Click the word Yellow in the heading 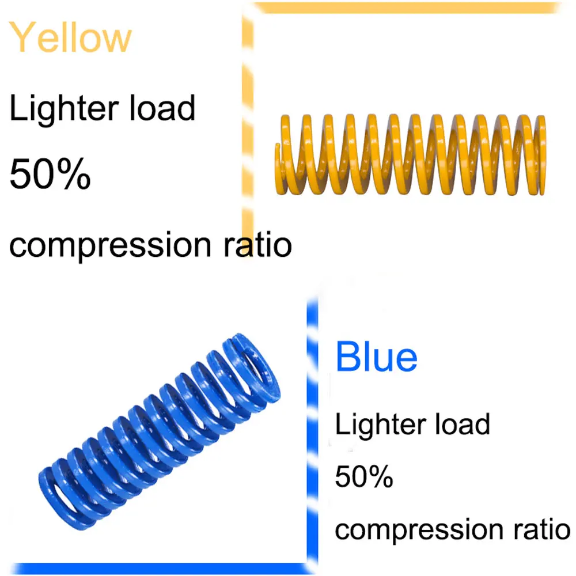[71, 37]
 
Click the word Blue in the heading [376, 357]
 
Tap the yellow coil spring [410, 154]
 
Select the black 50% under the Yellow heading [50, 175]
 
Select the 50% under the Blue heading [364, 477]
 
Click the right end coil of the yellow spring [540, 154]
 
